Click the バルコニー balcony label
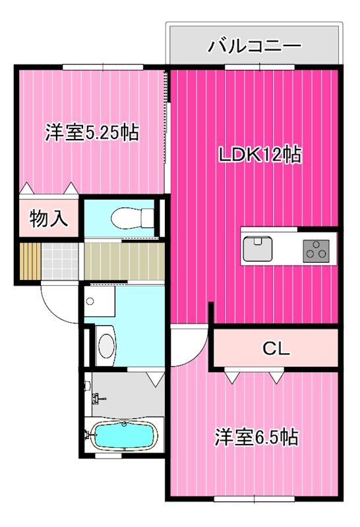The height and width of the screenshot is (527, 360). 254,46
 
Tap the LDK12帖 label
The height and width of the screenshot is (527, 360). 260,155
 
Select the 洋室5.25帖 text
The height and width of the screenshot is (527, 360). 92,132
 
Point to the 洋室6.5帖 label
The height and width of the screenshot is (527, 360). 256,437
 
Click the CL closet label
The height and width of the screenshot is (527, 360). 276,349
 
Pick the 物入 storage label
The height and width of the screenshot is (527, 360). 49,219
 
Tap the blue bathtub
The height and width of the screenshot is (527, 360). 125,435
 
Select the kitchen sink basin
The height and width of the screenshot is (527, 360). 258,248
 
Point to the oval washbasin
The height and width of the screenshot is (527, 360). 106,347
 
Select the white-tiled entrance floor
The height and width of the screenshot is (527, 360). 60,261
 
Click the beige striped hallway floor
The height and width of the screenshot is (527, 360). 124,261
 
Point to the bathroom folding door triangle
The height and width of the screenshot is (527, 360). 156,379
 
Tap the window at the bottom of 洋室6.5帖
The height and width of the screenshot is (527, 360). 254,499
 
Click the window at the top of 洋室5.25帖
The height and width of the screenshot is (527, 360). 103,67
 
